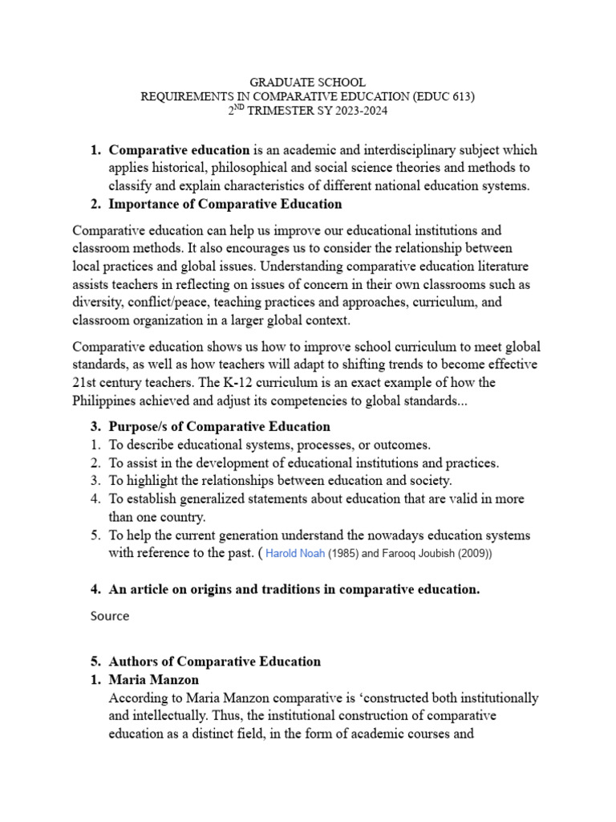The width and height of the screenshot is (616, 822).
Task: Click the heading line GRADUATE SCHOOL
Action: coord(308,82)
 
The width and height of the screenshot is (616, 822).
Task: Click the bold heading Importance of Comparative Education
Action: coord(225,204)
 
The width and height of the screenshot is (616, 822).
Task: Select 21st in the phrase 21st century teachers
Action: coord(84,381)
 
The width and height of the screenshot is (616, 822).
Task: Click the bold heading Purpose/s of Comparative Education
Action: coord(219,426)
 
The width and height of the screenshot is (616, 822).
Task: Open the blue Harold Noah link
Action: coord(295,554)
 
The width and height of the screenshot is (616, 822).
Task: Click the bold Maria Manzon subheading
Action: coord(154,679)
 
